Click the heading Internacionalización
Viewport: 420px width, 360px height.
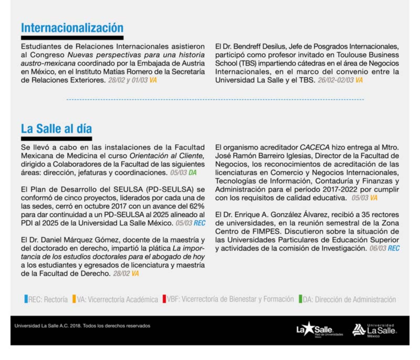72,27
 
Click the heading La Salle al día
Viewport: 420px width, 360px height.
56,129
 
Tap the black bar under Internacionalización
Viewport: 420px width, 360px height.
72,38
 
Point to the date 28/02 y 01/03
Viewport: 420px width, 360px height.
128,80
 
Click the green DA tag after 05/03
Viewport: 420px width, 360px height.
193,172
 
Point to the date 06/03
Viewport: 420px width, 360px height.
376,248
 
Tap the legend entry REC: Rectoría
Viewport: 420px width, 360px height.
46,300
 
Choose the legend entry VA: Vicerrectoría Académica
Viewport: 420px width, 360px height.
117,300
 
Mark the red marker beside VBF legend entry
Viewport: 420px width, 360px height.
165,300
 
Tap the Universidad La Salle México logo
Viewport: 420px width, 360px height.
374,330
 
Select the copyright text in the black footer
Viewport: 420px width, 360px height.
82,326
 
